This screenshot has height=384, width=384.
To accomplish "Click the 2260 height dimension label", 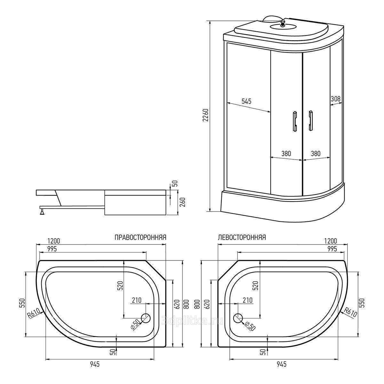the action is tap(205, 115).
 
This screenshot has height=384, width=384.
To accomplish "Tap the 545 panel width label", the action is tap(246, 101).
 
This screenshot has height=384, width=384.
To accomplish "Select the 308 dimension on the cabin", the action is tap(336, 99).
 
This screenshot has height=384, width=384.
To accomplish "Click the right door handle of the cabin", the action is tap(311, 121).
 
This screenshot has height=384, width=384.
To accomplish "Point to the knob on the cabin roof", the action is tap(283, 23).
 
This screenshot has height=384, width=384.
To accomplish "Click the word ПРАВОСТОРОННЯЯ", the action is tap(140, 237).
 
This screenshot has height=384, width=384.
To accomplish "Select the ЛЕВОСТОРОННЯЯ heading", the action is tap(242, 237).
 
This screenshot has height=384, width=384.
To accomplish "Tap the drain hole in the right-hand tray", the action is tap(146, 318).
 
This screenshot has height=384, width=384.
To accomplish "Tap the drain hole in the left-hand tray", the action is tap(238, 318).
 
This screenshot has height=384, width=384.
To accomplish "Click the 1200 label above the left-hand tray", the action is tap(331, 241).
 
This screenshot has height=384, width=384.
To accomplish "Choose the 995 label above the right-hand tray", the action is tap(52, 249).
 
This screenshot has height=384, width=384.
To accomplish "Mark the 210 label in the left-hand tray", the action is tap(248, 300).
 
